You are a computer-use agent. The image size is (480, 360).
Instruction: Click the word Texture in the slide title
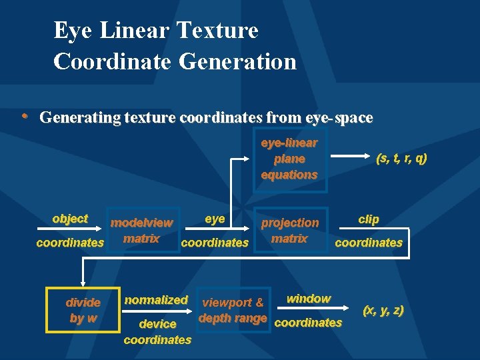coord(217,31)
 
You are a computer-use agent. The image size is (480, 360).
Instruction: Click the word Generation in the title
coord(237,61)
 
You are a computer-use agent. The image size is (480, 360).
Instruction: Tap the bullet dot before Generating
coord(24,117)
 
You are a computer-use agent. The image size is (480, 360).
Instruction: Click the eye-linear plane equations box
coord(289,159)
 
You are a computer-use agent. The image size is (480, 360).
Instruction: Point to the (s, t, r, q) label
coord(401,158)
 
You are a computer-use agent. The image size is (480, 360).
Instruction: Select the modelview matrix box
coord(141,231)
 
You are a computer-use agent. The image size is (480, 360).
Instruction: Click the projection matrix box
coord(289,231)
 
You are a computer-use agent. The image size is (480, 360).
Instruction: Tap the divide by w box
coord(83,310)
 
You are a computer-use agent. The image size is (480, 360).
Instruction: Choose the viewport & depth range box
coord(233,310)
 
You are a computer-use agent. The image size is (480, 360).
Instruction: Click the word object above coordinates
coord(70,219)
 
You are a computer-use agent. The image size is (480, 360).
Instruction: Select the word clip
coord(368,219)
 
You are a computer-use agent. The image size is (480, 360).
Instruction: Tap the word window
coord(308,299)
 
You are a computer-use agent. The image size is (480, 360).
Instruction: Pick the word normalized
coord(156,300)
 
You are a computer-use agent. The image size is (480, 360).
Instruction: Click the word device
coord(157,324)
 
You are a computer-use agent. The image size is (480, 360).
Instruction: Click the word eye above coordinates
coord(215,219)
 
